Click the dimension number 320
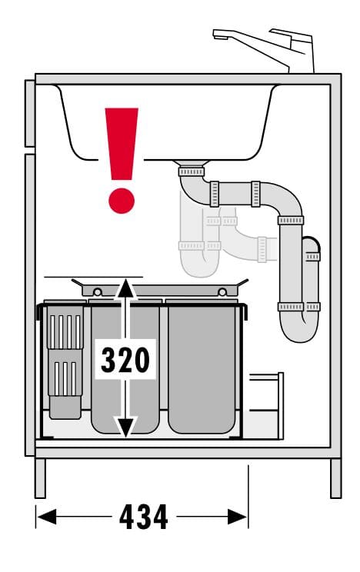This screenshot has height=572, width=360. click(125, 360)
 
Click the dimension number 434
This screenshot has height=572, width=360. click(144, 517)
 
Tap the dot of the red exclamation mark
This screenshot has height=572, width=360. click(122, 201)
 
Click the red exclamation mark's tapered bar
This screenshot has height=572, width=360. click(122, 144)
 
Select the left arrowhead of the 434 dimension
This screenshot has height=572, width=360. click(46, 517)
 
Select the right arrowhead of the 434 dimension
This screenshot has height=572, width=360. click(238, 517)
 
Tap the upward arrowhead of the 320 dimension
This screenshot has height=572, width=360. click(125, 288)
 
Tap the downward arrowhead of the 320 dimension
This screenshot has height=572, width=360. click(125, 427)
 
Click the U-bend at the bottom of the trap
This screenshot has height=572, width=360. click(300, 328)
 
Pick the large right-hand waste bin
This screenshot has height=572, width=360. click(202, 367)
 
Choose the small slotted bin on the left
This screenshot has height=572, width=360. click(65, 361)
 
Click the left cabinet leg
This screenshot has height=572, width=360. click(40, 478)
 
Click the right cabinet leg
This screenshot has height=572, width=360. click(335, 478)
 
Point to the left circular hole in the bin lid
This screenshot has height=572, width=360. click(98, 292)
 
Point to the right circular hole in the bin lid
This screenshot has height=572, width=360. click(222, 292)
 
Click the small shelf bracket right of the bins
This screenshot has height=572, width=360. click(267, 405)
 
